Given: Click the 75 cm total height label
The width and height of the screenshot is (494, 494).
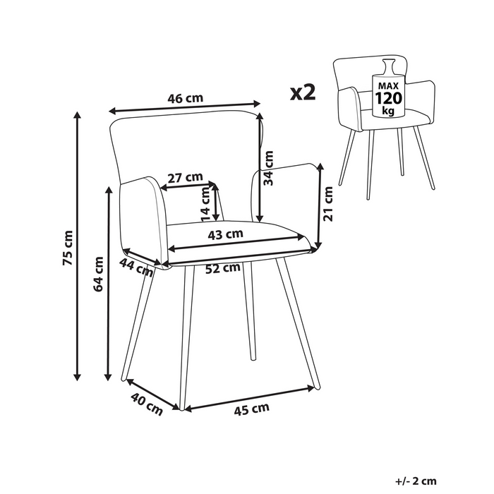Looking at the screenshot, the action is [x=68, y=248].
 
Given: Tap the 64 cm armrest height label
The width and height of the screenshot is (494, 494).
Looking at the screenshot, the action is [x=99, y=274].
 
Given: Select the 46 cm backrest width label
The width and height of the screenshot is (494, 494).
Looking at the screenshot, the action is [x=185, y=98].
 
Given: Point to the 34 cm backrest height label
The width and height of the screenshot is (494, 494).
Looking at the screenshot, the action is [x=268, y=168].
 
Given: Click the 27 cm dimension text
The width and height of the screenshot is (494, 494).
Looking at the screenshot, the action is [x=185, y=177].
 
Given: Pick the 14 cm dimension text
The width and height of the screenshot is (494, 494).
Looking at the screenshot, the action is [x=205, y=205].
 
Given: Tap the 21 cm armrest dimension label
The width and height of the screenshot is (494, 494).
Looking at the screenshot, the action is [x=328, y=204].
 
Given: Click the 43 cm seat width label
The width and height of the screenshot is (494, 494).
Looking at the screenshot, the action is [x=226, y=234].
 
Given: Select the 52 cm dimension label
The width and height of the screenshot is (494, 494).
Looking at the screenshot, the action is [x=223, y=268].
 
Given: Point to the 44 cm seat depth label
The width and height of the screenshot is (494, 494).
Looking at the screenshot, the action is [x=136, y=267].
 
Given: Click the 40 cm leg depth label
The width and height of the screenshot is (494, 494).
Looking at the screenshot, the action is [x=147, y=404].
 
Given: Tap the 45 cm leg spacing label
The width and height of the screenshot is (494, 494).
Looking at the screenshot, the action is [x=252, y=409].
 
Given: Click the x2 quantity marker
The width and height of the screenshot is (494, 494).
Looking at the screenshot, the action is [x=303, y=92].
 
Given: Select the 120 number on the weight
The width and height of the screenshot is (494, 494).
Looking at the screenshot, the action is [x=388, y=98].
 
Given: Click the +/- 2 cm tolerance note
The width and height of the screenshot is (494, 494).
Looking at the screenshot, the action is [x=416, y=481].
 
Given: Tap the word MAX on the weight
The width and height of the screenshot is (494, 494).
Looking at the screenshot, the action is [x=388, y=85].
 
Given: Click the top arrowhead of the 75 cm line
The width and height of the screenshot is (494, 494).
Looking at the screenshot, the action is [x=77, y=114].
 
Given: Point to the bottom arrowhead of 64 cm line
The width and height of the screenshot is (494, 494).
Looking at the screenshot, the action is [x=108, y=377].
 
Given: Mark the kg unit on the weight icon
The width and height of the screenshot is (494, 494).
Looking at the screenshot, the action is [x=388, y=111].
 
